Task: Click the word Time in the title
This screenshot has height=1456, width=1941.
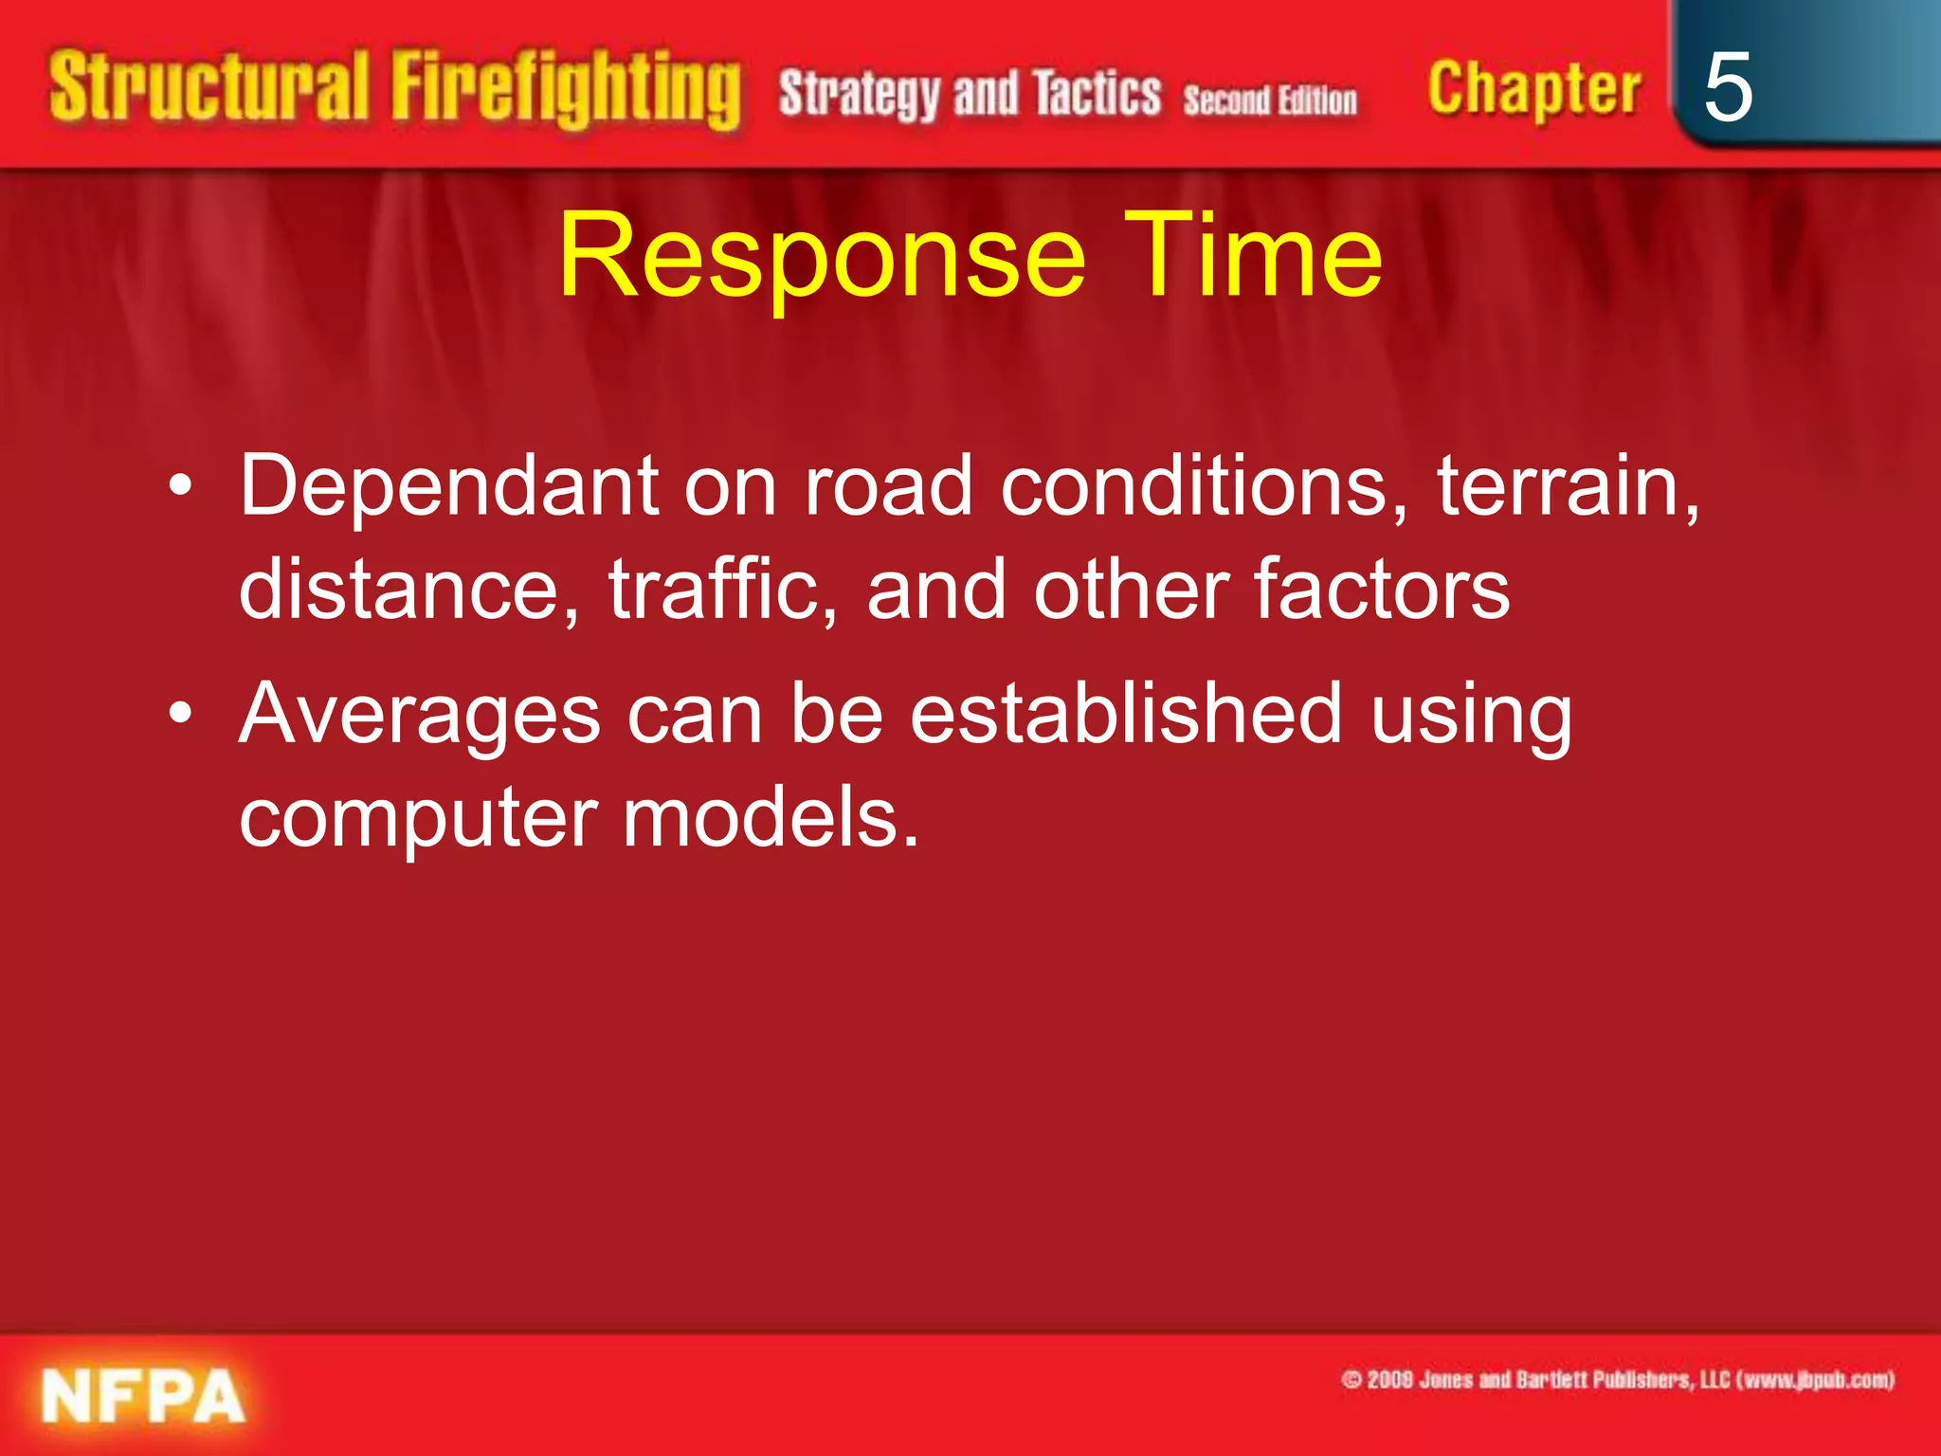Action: click(x=1253, y=256)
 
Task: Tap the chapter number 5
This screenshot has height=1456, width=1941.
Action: click(x=1727, y=87)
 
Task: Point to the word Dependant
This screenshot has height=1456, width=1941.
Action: click(x=448, y=486)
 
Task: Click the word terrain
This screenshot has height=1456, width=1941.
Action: click(x=1568, y=486)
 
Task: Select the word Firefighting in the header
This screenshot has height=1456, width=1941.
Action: click(x=566, y=90)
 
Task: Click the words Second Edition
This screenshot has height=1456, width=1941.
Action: click(x=1270, y=100)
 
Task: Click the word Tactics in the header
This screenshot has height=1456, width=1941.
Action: click(x=1097, y=95)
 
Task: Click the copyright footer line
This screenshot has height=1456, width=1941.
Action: click(x=1618, y=1379)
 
